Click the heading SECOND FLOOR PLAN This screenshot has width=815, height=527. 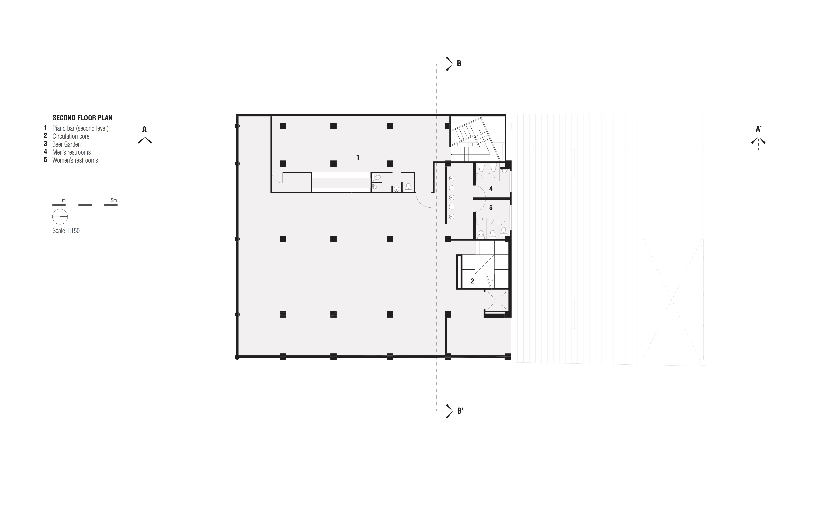tap(82, 118)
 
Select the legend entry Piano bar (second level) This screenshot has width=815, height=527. tap(81, 128)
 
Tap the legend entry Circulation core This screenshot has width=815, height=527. tap(71, 136)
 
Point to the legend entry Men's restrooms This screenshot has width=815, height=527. tap(72, 152)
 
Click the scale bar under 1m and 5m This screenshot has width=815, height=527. tap(85, 205)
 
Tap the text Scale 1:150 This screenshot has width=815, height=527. tap(66, 231)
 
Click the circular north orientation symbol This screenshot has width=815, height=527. tap(60, 217)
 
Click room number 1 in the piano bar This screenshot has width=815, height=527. tap(358, 157)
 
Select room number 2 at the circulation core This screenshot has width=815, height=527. tap(472, 281)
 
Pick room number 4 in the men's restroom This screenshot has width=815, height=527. tap(491, 189)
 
